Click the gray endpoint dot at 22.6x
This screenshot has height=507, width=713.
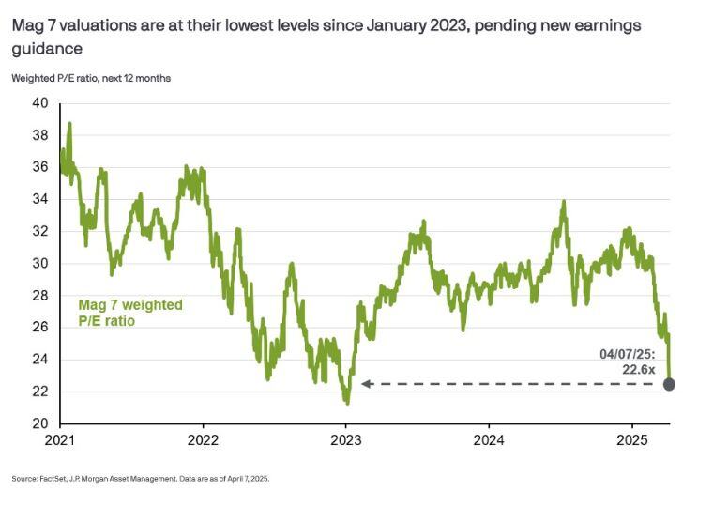[669, 384]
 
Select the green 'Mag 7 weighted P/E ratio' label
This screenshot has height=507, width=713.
[129, 314]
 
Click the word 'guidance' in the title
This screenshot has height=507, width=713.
[43, 46]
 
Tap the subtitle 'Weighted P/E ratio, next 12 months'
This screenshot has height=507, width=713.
[91, 77]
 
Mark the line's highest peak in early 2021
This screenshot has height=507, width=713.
[69, 123]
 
